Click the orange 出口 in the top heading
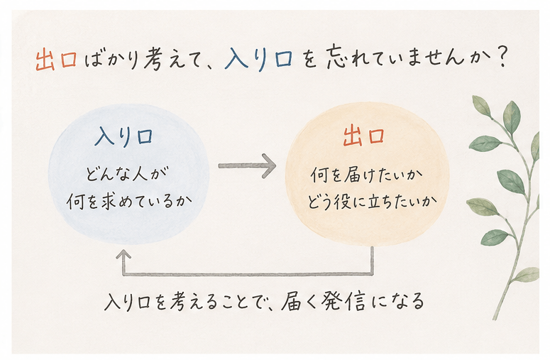tap(57, 60)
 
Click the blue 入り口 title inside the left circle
tap(123, 137)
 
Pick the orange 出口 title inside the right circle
tap(364, 136)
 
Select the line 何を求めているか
tap(129, 202)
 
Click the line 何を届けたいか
tap(367, 175)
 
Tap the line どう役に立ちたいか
tap(372, 202)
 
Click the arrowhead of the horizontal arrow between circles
tap(270, 165)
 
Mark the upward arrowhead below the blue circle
tap(123, 254)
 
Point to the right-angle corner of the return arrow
tap(372, 273)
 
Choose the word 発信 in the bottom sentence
tap(339, 301)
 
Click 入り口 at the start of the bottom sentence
tap(128, 302)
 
